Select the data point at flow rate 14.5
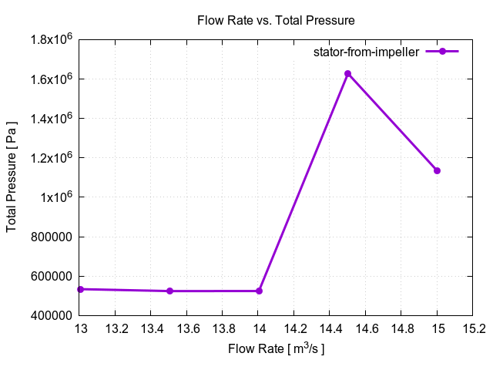(347, 74)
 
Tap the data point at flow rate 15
(437, 170)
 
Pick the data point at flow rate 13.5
(169, 291)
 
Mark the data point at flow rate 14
(259, 291)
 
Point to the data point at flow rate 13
(80, 289)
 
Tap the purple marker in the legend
(442, 52)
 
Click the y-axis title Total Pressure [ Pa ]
(12, 177)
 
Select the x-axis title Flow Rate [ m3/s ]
(276, 349)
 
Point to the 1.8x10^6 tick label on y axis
(51, 39)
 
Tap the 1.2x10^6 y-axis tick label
(51, 158)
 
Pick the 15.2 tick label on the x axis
(472, 328)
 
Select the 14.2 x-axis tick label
(294, 328)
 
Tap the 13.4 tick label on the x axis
(151, 328)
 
